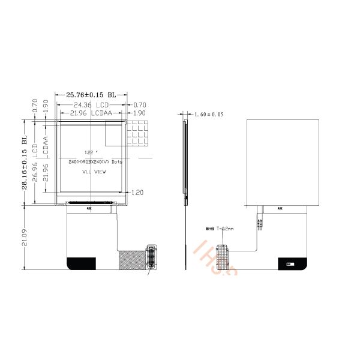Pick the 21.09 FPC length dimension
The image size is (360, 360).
pyautogui.click(x=24, y=238)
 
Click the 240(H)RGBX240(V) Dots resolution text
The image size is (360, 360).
pyautogui.click(x=96, y=162)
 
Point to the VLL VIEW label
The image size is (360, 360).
pyautogui.click(x=94, y=172)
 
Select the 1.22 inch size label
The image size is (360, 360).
pyautogui.click(x=90, y=152)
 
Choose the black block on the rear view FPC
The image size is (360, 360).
pyautogui.click(x=293, y=263)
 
